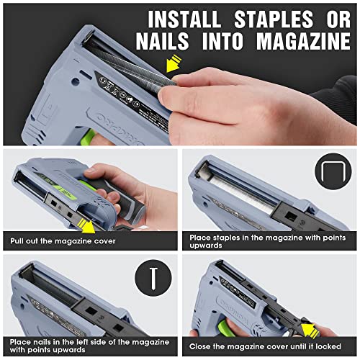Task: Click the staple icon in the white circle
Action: point(328,171)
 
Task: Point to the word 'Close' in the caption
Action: point(202,345)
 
